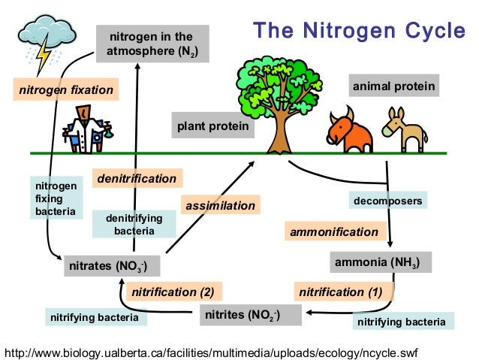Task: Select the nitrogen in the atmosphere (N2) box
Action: tap(151, 44)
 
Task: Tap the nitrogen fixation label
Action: tap(66, 90)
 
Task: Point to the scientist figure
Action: tap(85, 128)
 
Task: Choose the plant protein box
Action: tap(212, 126)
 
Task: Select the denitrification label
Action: tap(137, 178)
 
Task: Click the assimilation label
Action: tap(220, 205)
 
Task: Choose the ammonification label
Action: tap(335, 231)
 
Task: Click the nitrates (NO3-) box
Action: tap(113, 266)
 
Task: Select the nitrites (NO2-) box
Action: tap(251, 315)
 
